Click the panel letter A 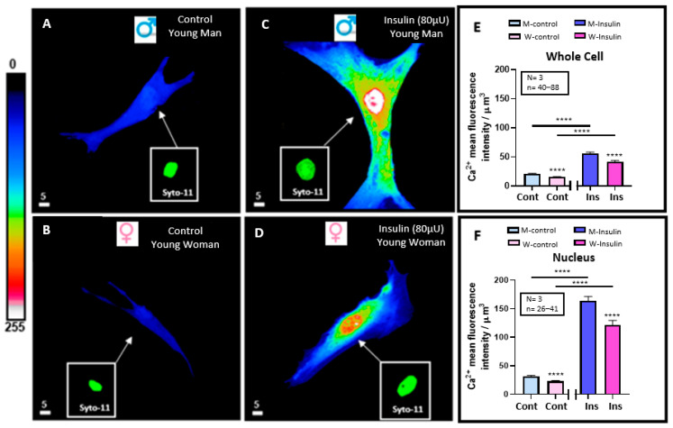pos(48,24)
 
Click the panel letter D pos(262,230)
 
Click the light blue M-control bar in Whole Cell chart pos(532,179)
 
